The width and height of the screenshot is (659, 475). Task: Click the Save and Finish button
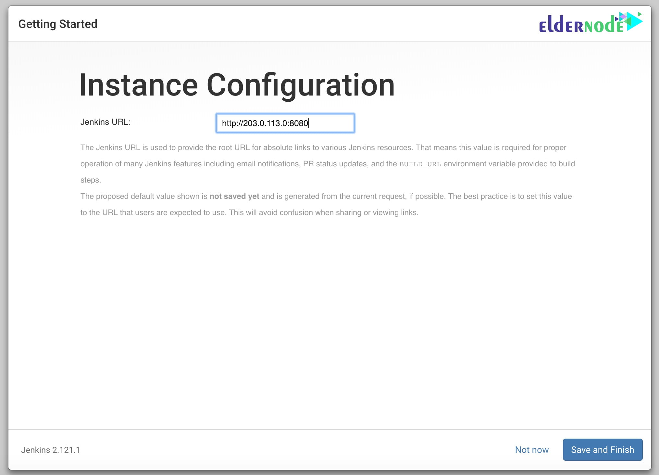click(x=603, y=450)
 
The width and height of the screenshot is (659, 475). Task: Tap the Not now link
click(x=532, y=450)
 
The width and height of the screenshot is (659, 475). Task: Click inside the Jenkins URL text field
click(x=285, y=123)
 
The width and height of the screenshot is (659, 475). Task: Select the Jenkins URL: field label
click(x=106, y=122)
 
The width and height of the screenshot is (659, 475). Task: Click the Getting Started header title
click(x=58, y=24)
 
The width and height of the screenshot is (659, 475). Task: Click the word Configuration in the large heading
click(x=301, y=85)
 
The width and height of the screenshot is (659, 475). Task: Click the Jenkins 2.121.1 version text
click(x=50, y=450)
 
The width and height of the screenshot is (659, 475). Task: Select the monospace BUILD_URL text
click(x=420, y=164)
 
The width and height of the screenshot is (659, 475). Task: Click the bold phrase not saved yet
click(x=234, y=196)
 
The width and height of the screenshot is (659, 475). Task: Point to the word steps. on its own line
click(x=91, y=180)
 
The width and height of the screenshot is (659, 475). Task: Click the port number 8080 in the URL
click(x=299, y=123)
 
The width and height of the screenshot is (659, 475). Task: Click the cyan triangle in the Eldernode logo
click(x=635, y=21)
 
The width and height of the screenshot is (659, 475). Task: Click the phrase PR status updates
click(x=336, y=164)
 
